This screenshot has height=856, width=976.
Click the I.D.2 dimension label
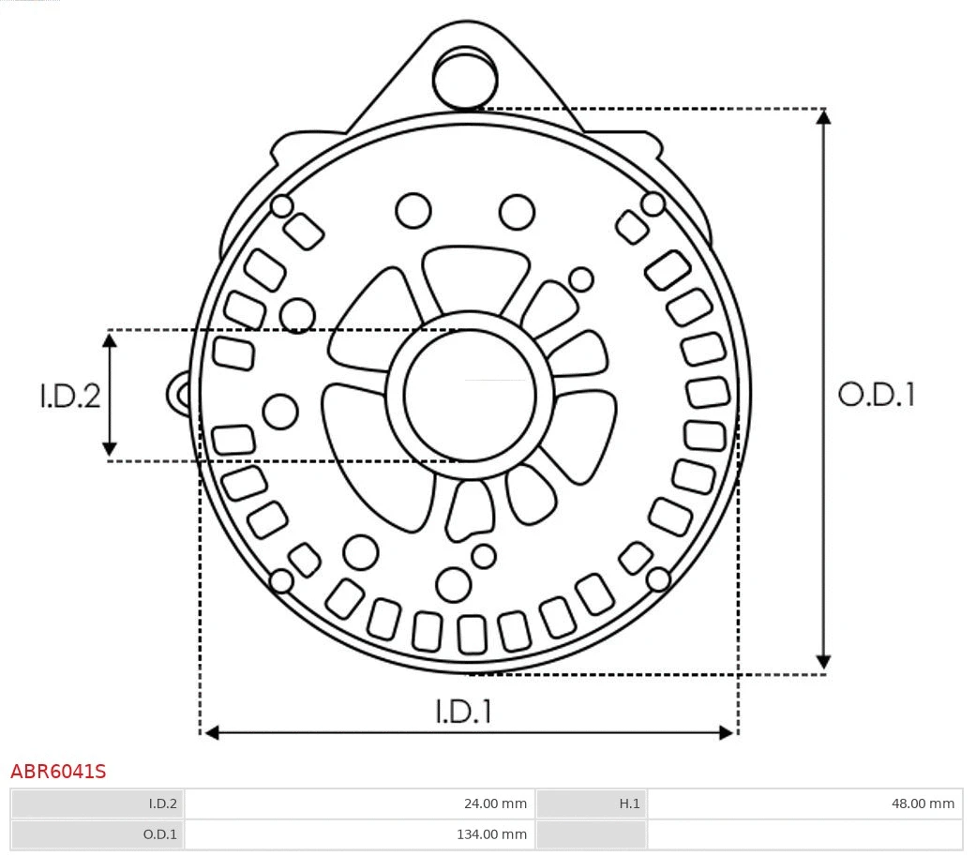[69, 396]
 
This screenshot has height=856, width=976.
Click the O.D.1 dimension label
[876, 395]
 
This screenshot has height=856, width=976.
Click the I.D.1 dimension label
[463, 712]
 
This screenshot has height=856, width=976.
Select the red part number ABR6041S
[58, 772]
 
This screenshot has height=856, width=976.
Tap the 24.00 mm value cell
[359, 803]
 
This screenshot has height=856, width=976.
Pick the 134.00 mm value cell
[359, 833]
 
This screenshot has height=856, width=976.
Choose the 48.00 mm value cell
[804, 803]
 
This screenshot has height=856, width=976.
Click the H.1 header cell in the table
[591, 803]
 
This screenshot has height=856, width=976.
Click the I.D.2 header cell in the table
[98, 803]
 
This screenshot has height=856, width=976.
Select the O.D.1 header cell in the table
[98, 833]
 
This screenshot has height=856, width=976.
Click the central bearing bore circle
[470, 396]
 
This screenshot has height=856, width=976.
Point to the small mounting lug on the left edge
[179, 394]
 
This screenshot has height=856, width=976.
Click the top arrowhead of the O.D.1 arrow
[823, 117]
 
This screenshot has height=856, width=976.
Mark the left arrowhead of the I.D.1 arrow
[212, 731]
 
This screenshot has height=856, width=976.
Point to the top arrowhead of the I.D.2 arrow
[111, 339]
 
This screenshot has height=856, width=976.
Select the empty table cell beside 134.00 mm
[804, 833]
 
